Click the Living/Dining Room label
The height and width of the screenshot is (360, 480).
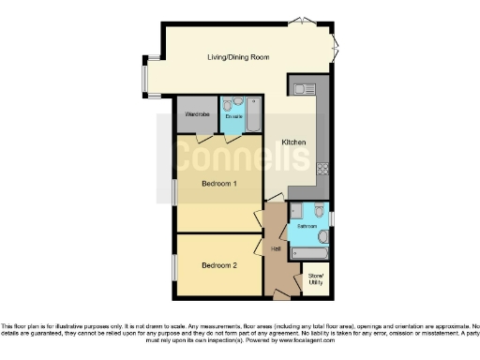238,57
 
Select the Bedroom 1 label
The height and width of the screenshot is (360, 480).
218,184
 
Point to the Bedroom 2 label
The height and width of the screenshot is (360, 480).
218,265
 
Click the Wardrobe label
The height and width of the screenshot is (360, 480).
197,114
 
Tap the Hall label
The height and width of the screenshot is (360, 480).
277,248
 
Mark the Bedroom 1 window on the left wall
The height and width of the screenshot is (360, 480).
173,190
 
